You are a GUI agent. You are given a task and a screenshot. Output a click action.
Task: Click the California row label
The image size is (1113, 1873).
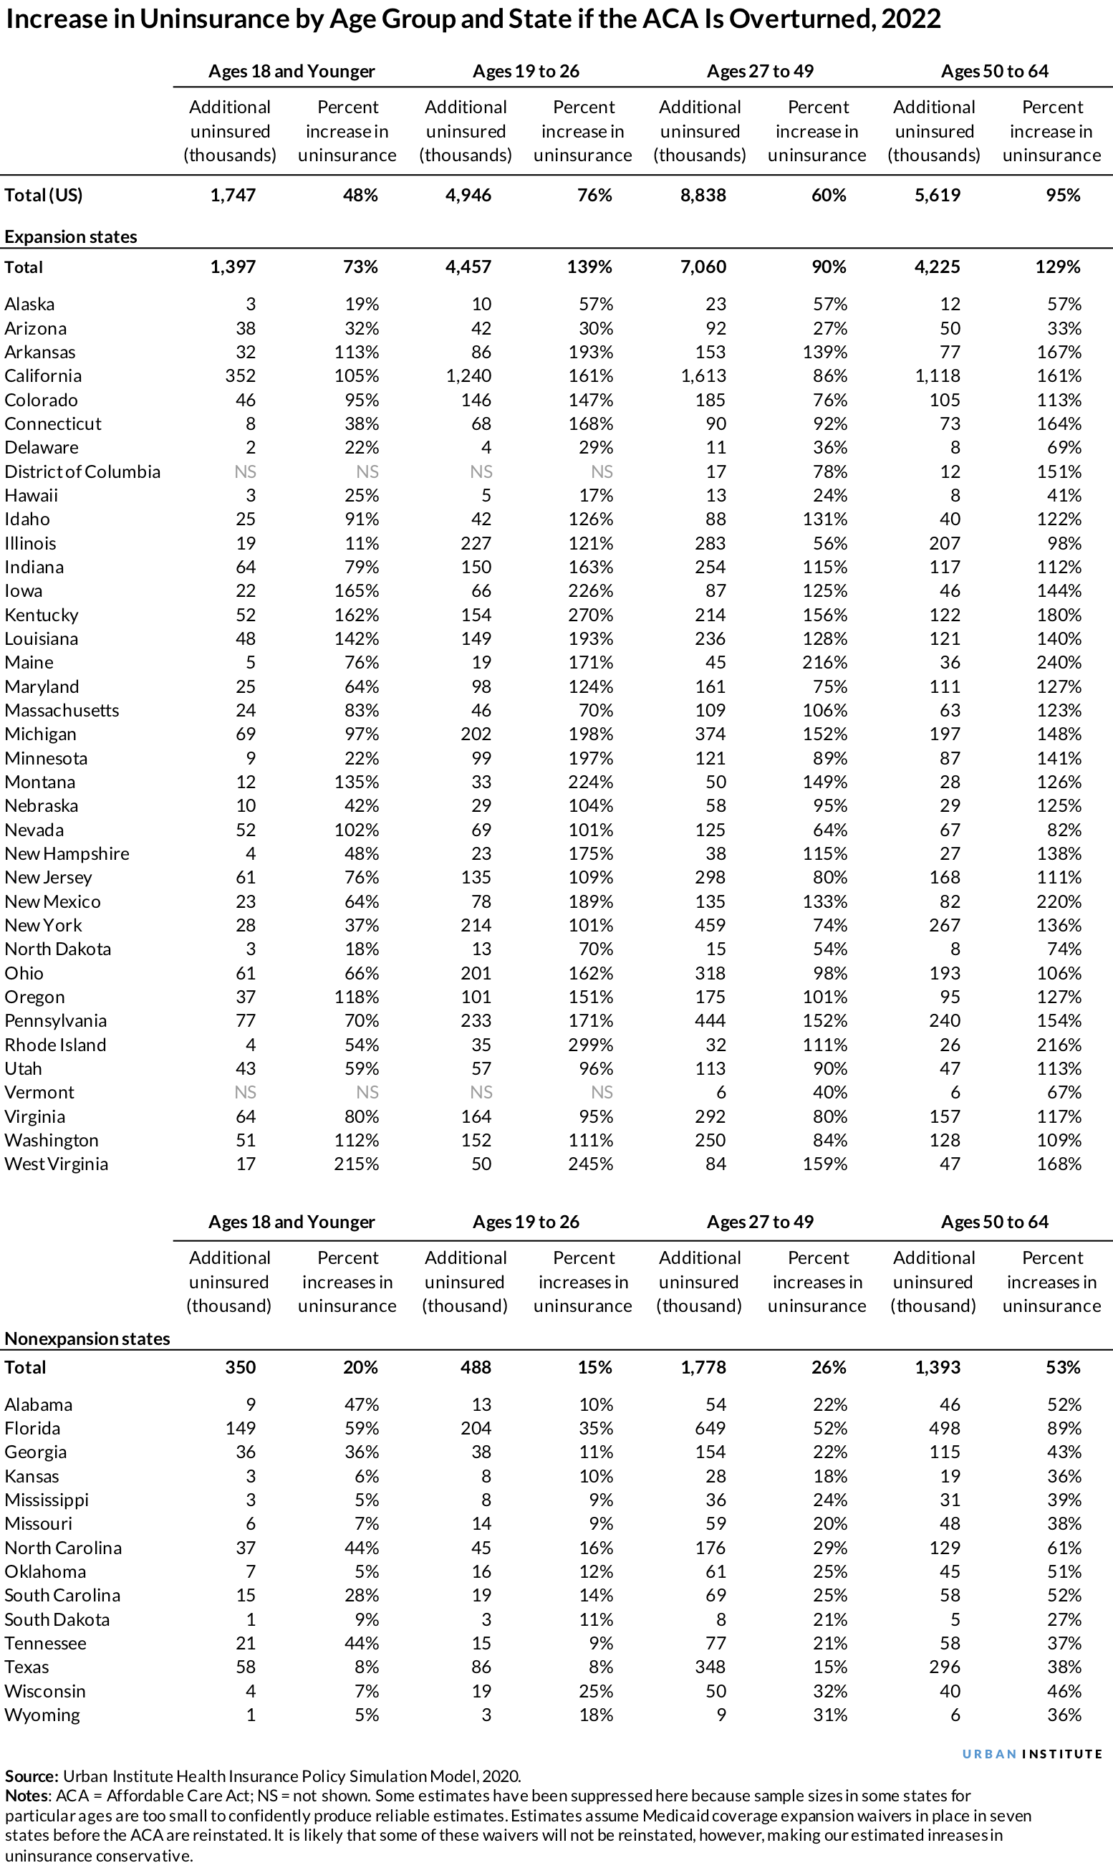click(43, 375)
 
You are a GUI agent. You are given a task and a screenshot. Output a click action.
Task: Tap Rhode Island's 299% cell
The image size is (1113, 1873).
click(590, 1045)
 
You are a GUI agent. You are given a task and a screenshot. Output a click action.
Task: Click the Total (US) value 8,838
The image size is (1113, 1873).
click(703, 195)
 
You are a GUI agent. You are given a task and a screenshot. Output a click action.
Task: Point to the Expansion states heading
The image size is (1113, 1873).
click(70, 237)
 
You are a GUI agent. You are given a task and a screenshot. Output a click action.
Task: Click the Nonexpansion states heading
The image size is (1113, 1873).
click(87, 1338)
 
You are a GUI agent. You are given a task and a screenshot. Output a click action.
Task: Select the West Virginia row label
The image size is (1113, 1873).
click(57, 1164)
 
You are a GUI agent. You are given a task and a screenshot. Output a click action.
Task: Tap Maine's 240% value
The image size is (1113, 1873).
click(1059, 662)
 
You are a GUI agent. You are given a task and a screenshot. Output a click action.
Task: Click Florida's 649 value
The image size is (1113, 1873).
click(710, 1428)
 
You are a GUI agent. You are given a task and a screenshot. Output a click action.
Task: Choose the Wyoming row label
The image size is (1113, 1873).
click(42, 1715)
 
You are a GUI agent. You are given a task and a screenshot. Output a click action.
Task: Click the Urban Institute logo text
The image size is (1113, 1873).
click(1032, 1754)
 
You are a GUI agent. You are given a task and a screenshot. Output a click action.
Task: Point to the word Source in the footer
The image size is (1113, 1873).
click(31, 1776)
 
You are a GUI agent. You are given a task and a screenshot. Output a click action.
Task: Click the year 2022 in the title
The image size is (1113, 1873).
click(910, 19)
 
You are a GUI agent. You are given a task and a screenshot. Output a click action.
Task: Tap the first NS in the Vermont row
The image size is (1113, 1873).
click(245, 1092)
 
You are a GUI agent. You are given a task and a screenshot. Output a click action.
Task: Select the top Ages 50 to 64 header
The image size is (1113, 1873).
click(995, 71)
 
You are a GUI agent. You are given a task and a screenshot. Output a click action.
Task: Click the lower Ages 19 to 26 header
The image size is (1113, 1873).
click(526, 1222)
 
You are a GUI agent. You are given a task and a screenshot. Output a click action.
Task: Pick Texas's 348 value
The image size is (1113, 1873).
click(710, 1667)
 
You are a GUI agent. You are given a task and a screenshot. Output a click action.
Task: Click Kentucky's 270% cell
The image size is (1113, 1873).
click(590, 615)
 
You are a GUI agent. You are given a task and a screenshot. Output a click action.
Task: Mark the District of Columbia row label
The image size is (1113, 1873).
click(82, 471)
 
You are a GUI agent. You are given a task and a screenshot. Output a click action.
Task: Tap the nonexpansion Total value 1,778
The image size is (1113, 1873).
click(703, 1367)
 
